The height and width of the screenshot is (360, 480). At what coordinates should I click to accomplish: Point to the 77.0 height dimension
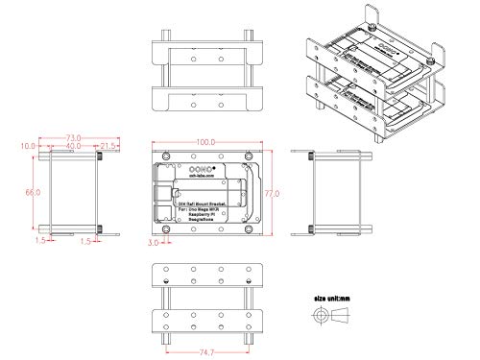[273, 193]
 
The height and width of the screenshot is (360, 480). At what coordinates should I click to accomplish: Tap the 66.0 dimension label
[31, 193]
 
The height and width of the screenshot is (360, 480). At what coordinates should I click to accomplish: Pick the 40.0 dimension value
[60, 146]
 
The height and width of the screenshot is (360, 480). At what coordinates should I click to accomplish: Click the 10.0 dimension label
[27, 146]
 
